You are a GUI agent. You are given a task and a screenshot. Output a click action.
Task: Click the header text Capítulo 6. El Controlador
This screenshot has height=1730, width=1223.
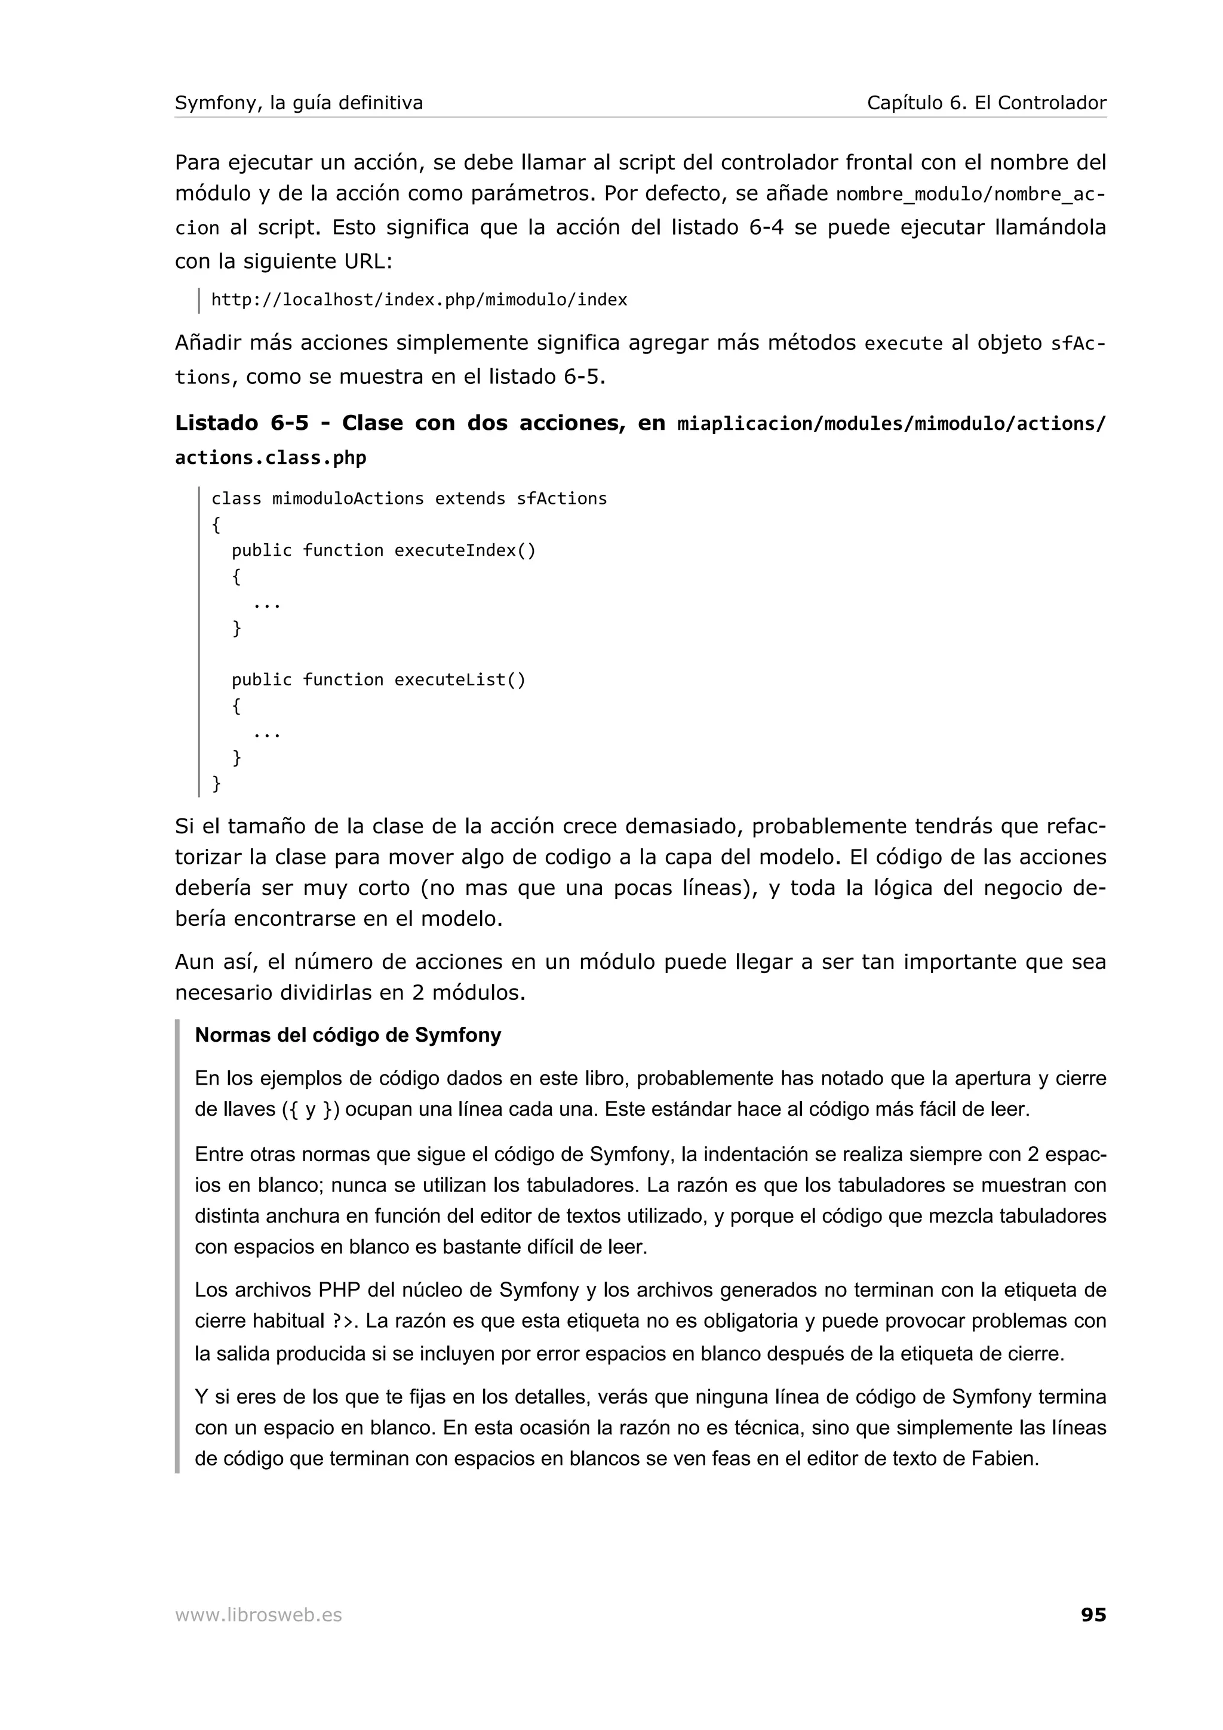click(x=986, y=103)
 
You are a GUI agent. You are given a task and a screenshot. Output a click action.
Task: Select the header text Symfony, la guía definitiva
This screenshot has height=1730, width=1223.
click(x=299, y=103)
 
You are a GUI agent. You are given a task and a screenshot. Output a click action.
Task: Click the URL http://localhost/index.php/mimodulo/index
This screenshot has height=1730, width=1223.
click(x=419, y=300)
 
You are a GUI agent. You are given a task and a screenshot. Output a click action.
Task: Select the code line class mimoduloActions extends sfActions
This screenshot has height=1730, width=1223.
click(x=408, y=499)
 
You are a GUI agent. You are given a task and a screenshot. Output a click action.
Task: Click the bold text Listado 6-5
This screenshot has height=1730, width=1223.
click(x=241, y=423)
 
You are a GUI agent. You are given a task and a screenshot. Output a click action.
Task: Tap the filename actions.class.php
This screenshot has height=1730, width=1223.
click(x=271, y=458)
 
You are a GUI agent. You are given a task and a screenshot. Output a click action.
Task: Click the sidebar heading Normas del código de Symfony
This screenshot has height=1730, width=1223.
click(x=348, y=1035)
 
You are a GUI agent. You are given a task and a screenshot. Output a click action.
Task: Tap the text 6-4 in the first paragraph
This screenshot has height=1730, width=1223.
click(x=766, y=227)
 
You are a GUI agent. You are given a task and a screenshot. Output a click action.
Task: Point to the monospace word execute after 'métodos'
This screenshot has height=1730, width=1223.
click(x=903, y=344)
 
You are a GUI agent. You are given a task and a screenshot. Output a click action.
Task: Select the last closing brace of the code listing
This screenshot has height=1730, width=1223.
click(x=216, y=784)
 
